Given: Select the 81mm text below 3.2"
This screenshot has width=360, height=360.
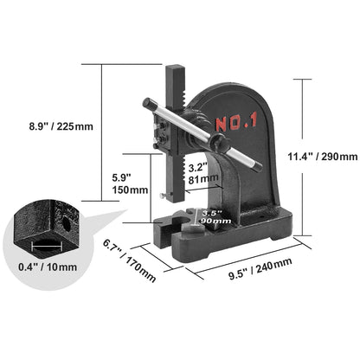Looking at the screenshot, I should [x=197, y=179].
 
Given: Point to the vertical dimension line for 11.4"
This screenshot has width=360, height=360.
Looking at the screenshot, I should [x=303, y=157].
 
